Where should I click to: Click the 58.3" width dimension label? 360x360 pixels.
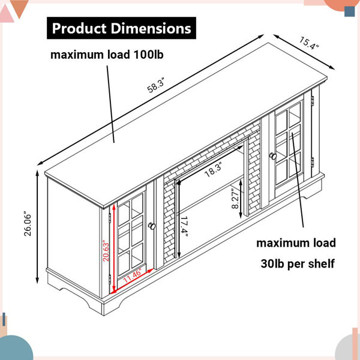click(x=156, y=85)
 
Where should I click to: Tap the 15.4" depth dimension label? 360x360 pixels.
click(x=309, y=44)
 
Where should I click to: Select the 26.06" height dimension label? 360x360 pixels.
click(x=28, y=225)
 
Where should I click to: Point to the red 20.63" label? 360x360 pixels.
click(x=106, y=251)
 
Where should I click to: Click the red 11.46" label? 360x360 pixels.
click(x=133, y=276)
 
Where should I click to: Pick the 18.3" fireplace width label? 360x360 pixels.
click(x=213, y=169)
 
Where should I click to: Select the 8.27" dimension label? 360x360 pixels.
click(x=235, y=199)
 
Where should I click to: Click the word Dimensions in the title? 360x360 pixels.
click(x=151, y=28)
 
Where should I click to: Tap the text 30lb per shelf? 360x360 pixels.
click(x=298, y=263)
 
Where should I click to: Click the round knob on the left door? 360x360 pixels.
click(x=152, y=226)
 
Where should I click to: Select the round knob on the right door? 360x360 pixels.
click(x=273, y=156)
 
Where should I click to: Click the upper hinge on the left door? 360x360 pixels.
click(x=110, y=218)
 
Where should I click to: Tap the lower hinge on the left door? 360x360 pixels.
click(x=110, y=279)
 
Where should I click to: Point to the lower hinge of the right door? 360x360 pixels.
click(x=313, y=162)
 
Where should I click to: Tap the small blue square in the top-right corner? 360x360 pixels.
click(x=350, y=11)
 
